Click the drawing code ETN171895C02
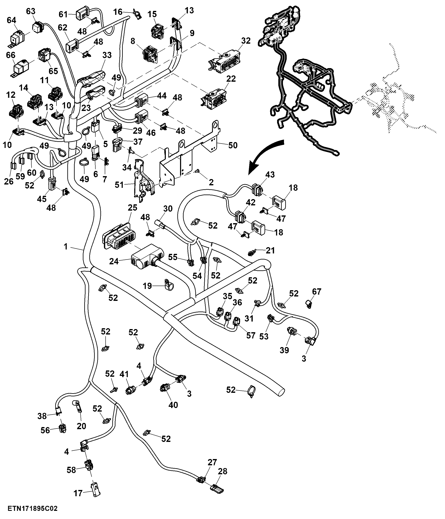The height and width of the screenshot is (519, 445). pyautogui.click(x=33, y=509)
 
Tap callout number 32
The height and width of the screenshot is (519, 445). pyautogui.click(x=246, y=41)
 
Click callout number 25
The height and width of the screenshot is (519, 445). pyautogui.click(x=133, y=208)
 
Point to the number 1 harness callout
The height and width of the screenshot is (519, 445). pyautogui.click(x=66, y=247)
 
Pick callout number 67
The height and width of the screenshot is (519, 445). pyautogui.click(x=317, y=291)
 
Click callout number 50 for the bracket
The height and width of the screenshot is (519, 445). pyautogui.click(x=233, y=145)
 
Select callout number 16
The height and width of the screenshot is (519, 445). pyautogui.click(x=118, y=12)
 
